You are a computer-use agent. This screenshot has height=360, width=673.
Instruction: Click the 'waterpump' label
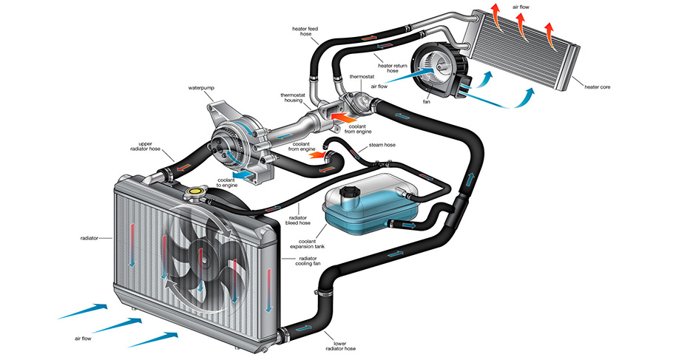point(201,88)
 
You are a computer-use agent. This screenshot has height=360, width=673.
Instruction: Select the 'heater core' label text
point(597,87)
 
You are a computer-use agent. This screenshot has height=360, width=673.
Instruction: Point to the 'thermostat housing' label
point(291,98)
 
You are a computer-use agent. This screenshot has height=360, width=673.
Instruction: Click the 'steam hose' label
point(382,145)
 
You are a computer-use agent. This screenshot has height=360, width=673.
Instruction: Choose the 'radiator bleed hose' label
point(298,220)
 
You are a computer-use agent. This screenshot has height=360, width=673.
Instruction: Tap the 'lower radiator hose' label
point(340,346)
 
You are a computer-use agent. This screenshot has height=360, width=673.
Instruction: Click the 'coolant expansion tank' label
point(307,244)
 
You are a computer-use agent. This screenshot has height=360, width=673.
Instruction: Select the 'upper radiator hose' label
point(145,146)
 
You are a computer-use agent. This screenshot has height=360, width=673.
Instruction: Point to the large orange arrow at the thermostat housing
point(344,117)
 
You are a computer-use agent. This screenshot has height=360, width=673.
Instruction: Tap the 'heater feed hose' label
point(305,31)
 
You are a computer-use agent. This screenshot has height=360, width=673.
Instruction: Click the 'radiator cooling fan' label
point(306,261)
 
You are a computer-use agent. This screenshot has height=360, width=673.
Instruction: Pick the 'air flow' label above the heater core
point(521,7)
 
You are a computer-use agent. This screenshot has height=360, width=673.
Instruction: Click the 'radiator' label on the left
point(89,238)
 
